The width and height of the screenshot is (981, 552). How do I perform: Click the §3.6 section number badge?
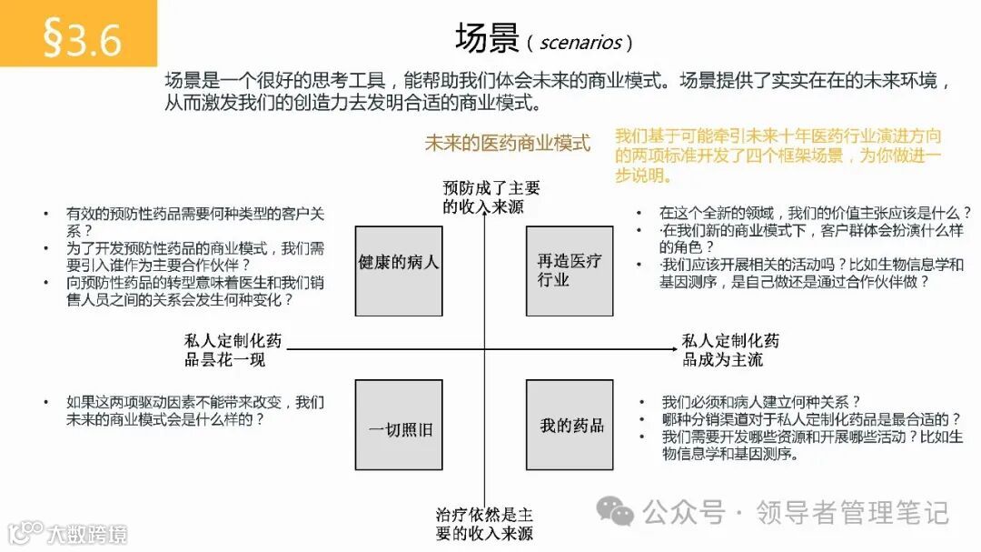[x=82, y=35]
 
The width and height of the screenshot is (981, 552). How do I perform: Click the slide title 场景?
[x=486, y=39]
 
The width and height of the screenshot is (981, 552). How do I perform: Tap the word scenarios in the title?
[x=580, y=42]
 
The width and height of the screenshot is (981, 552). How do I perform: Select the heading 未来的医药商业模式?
[x=507, y=143]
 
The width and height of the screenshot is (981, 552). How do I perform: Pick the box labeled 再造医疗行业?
[x=570, y=271]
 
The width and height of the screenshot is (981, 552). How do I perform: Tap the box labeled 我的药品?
[x=570, y=425]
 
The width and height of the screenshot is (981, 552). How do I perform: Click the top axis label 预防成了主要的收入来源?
[x=490, y=197]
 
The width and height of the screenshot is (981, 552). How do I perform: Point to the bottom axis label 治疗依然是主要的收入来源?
[x=484, y=524]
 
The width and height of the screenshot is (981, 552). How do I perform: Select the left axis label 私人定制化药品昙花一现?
[x=233, y=350]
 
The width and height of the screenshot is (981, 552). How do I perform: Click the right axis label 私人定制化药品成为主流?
[x=731, y=350]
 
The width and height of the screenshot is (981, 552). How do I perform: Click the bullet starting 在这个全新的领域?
[x=815, y=212]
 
